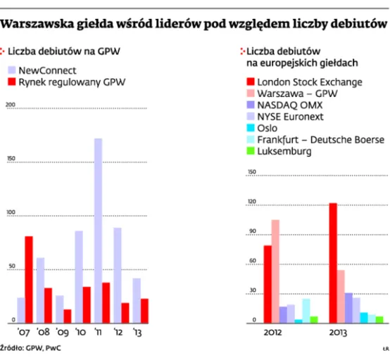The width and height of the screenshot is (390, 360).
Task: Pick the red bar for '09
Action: (68, 315)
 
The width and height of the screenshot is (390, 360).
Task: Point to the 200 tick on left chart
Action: (10, 105)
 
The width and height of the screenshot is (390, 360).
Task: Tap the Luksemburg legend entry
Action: (286, 151)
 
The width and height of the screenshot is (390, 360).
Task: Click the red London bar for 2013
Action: (333, 262)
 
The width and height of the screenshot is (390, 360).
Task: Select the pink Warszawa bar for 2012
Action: (275, 271)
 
